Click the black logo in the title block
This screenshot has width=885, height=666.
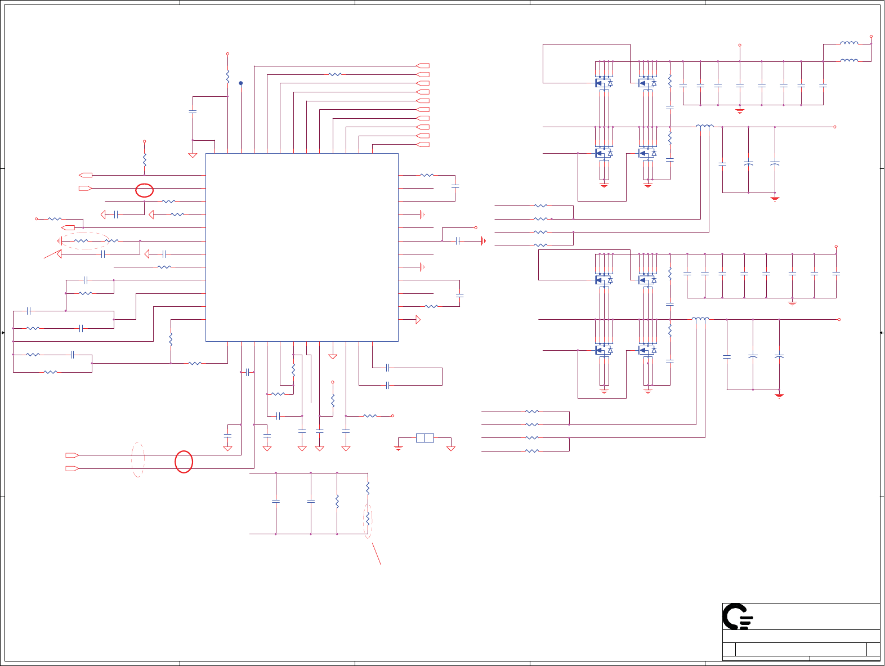pos(737,617)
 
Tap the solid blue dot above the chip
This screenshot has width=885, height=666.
pos(241,83)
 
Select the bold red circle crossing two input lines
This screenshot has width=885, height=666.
pos(184,462)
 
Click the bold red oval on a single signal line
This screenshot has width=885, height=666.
pos(145,190)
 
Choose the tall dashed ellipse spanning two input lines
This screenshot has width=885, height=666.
pos(138,460)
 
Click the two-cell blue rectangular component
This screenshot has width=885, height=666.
pos(425,438)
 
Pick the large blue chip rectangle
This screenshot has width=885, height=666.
pos(302,247)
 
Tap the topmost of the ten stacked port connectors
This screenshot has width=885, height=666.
pos(423,66)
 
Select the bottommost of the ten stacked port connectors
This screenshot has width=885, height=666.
pos(423,145)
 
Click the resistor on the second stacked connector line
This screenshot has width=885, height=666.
pos(335,74)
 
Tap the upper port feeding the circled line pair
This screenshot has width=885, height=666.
pos(71,455)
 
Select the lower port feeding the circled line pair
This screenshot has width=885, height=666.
pos(71,468)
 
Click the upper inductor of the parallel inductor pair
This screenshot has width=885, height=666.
pos(849,43)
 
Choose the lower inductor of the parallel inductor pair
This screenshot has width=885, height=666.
pos(849,60)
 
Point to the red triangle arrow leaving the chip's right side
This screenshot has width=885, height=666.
pos(418,320)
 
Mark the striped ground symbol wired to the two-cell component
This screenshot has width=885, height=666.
pos(399,448)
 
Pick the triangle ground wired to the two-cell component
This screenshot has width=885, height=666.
pos(450,449)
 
